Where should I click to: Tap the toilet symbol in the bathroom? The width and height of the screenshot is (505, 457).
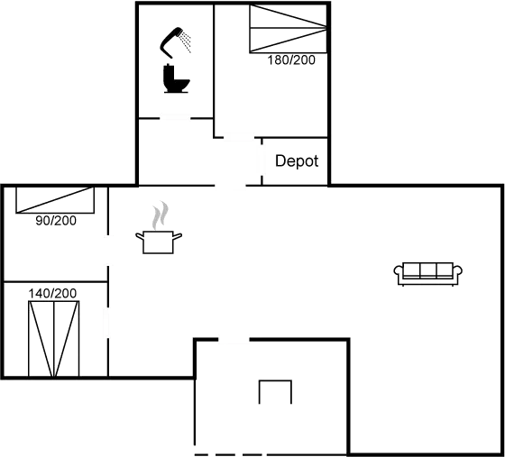point(176,78)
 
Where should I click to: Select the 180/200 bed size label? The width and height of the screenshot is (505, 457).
point(293,60)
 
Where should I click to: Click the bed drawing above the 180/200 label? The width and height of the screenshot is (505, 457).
point(287,29)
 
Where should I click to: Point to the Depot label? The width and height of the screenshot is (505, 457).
point(298,161)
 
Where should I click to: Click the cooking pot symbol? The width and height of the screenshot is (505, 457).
point(159,241)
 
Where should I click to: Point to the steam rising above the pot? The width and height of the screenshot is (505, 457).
point(160,215)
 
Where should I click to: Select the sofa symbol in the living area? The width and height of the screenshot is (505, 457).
point(428,270)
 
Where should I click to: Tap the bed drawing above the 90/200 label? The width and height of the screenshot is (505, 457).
point(55,200)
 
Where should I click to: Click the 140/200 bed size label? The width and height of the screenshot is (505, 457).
point(53,293)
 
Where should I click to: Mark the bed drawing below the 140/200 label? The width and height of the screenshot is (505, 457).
point(53,338)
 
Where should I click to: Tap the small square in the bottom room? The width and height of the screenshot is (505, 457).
point(275,393)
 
